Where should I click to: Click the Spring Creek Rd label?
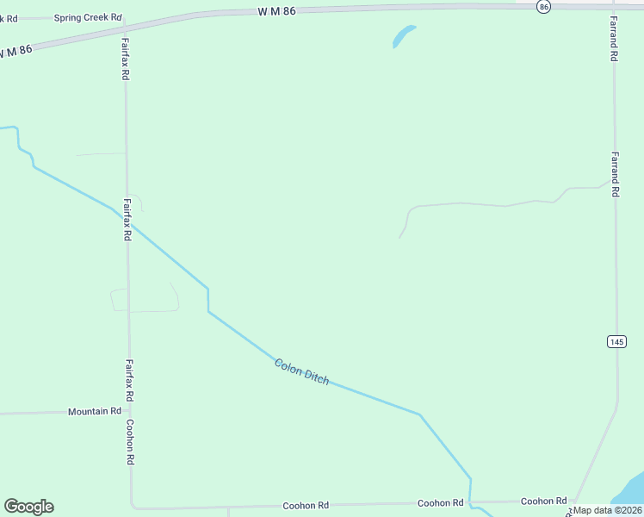click(88, 17)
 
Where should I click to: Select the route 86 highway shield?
click(542, 6)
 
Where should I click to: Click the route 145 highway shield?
click(616, 341)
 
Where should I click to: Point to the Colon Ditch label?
click(301, 371)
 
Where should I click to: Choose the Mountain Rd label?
click(95, 412)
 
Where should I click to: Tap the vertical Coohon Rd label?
click(130, 443)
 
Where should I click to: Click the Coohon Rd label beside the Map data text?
click(543, 501)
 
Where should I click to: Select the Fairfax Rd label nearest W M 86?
click(125, 59)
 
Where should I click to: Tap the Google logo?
click(28, 507)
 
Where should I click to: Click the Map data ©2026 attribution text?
click(608, 510)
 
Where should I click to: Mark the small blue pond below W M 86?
click(403, 36)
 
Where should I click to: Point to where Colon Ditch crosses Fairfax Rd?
click(127, 219)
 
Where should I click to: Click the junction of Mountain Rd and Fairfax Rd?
click(129, 412)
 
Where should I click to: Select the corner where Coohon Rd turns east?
click(133, 507)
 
